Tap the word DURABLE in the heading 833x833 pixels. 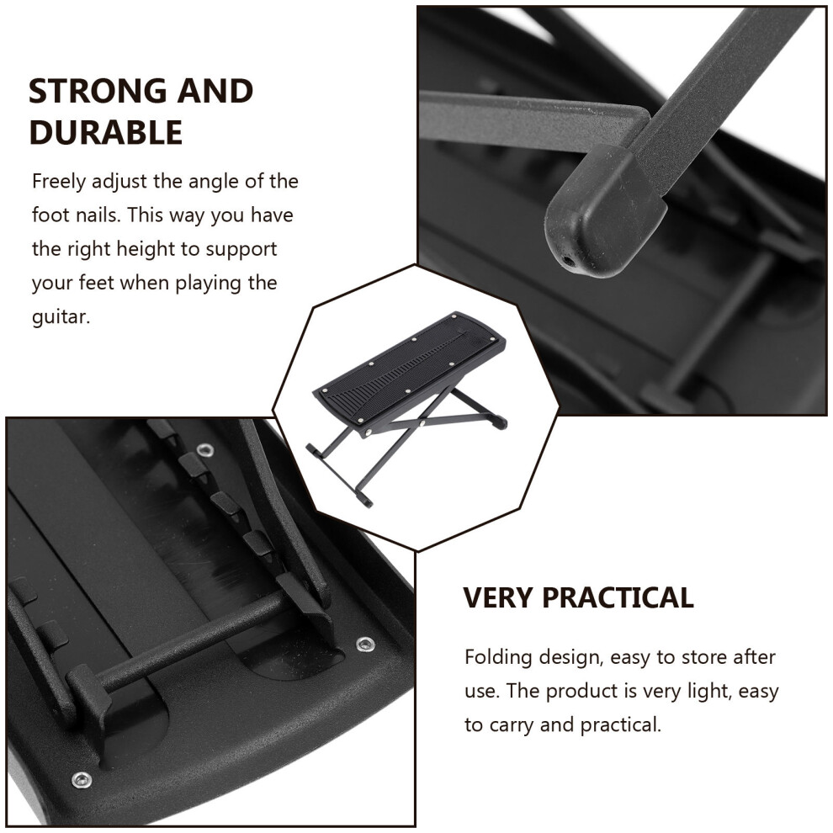point(106,132)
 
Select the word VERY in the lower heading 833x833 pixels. point(496,597)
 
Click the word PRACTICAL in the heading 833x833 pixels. point(618,597)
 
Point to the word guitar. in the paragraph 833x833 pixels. point(61,316)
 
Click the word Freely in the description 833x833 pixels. point(58,183)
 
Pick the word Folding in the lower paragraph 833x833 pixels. point(498,658)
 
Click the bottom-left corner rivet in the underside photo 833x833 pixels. point(82,780)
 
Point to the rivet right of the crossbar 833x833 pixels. point(365,645)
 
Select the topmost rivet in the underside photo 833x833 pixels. point(205,451)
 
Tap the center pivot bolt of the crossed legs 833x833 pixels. point(421,423)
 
